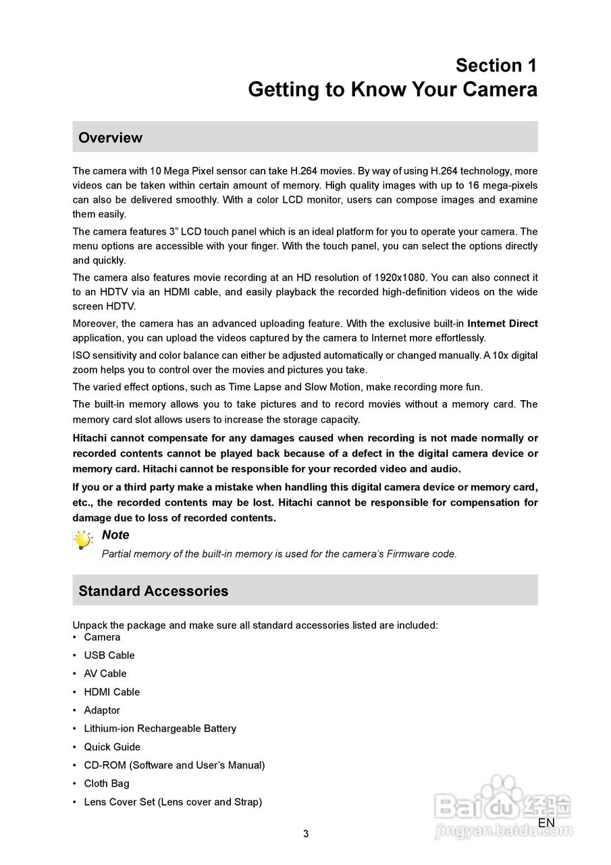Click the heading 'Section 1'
coord(496,66)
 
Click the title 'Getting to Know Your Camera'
coord(392,90)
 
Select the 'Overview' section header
coord(111,138)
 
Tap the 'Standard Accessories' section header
coord(153,591)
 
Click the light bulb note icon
coord(83,541)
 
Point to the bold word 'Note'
coord(115,535)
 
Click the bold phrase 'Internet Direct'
coord(502,324)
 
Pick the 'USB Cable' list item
coord(109,656)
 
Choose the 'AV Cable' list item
coord(105,674)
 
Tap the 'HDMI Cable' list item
coord(111,692)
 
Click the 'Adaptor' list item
coord(102,710)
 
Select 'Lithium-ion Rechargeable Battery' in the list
coord(159,728)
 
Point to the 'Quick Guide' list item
coord(112,747)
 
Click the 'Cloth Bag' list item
coord(106,783)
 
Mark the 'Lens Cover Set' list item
coord(172,802)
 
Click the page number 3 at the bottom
coord(306,834)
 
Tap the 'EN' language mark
coord(546,823)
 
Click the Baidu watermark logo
coord(503,808)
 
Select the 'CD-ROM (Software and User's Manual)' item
coord(174,765)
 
